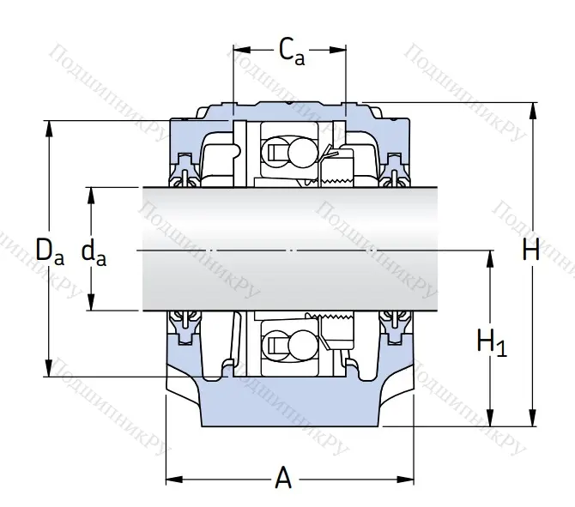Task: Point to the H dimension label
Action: [531, 250]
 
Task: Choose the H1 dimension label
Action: [492, 342]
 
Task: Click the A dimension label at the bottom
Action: [283, 478]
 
